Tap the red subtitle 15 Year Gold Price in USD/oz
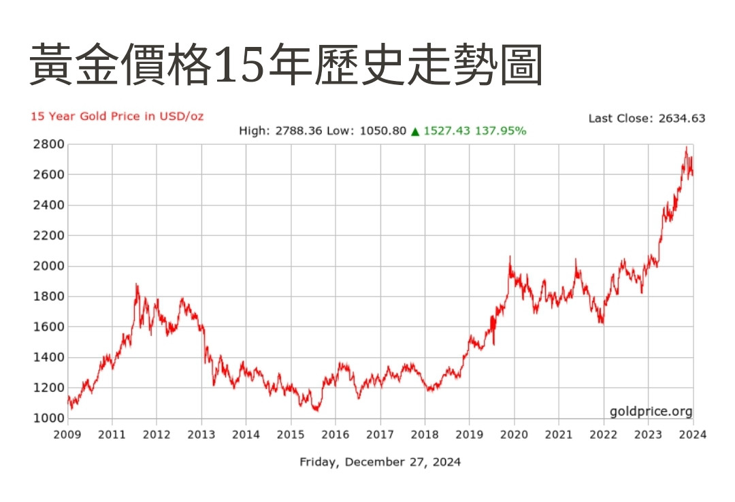(x=117, y=116)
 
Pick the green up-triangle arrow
(x=414, y=131)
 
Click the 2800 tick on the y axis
(x=48, y=144)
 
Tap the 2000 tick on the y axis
(x=48, y=266)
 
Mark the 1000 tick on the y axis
(x=48, y=418)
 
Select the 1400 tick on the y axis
(x=48, y=357)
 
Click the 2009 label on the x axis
(x=68, y=434)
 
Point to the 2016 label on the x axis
(x=336, y=434)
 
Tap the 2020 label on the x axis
(x=514, y=434)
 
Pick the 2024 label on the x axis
(x=693, y=434)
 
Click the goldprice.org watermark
(x=651, y=411)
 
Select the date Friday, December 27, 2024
(x=380, y=462)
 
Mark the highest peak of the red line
(x=686, y=147)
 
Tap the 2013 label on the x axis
(x=201, y=434)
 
